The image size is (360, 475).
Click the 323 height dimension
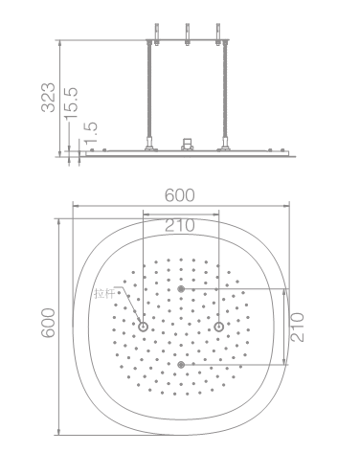coord(48,98)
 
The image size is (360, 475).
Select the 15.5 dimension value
coord(71,103)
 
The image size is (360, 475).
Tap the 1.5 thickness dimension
coord(91,132)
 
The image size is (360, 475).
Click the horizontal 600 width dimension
coord(179,195)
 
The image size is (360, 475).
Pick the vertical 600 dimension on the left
coord(48,323)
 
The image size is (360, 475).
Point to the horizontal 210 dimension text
coord(179,225)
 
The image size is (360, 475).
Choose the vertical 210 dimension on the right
coord(297,328)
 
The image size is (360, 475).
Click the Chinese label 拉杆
coord(104,293)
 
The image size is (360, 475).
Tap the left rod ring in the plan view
coord(143,327)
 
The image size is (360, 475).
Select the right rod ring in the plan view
coord(218,327)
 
